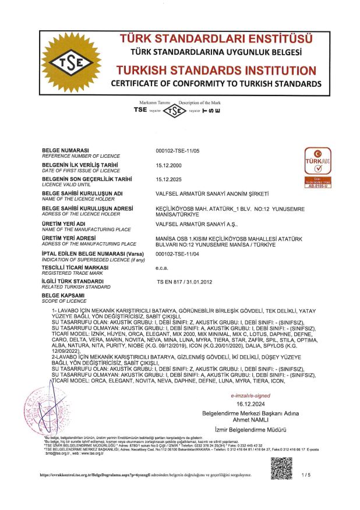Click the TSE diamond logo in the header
(74, 62)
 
